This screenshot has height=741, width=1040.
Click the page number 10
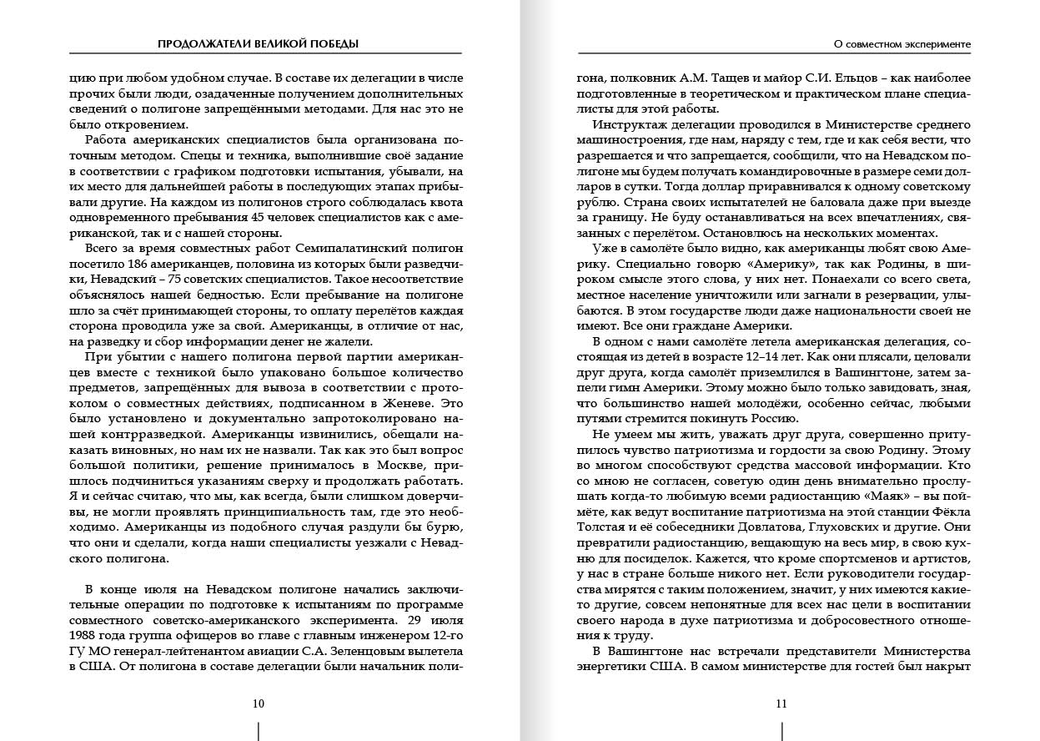[x=259, y=703]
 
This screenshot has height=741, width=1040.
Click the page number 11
[x=781, y=703]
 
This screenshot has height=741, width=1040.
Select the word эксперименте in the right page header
[x=934, y=43]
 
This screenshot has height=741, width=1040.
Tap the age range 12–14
[x=799, y=356]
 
